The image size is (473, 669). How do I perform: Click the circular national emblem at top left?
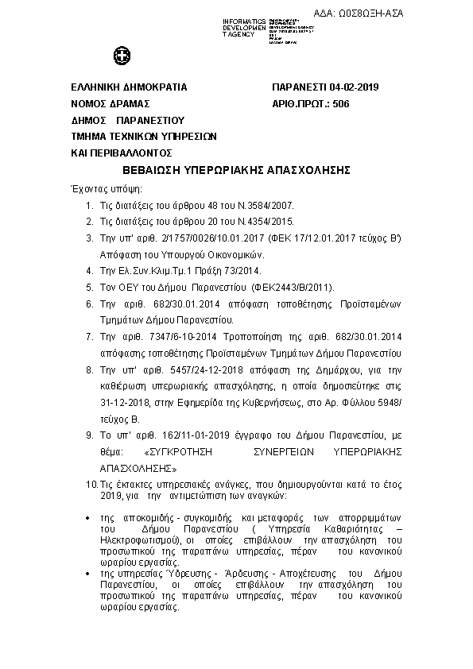[x=122, y=57]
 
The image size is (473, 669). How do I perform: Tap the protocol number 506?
[x=341, y=104]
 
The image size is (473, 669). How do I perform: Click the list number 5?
[x=91, y=287]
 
